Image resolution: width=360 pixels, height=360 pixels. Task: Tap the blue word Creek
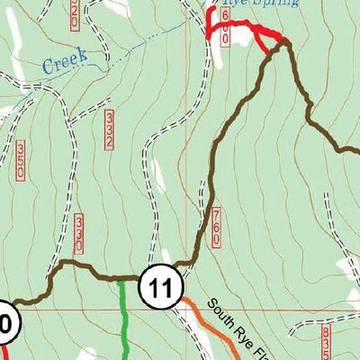pyautogui.click(x=63, y=62)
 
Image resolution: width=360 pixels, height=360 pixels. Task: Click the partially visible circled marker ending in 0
pyautogui.click(x=5, y=322)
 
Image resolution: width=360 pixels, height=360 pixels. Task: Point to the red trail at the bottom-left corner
pyautogui.click(x=3, y=354)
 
